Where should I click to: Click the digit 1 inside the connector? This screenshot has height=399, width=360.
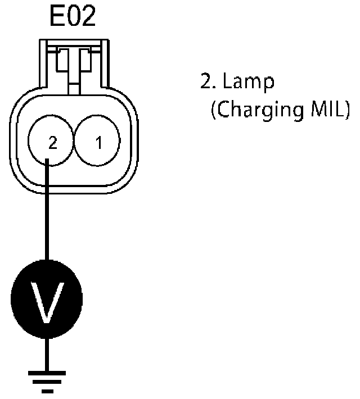pyautogui.click(x=98, y=143)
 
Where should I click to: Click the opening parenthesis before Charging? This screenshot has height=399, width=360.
pyautogui.click(x=214, y=109)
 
